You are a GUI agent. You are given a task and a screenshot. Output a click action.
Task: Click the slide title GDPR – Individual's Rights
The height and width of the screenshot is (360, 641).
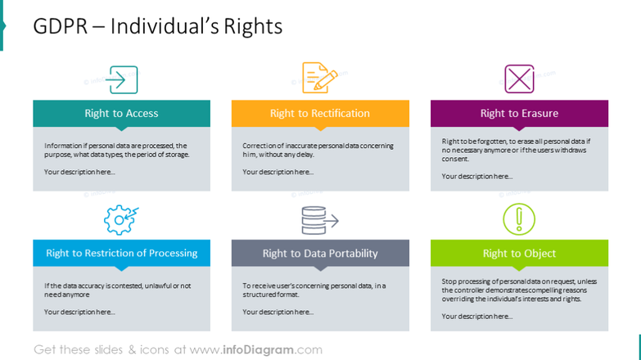coord(157,26)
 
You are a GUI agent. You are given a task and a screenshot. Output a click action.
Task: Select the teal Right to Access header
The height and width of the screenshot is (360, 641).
coord(121,114)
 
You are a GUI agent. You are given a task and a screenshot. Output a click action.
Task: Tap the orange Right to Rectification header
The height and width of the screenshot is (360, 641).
coord(320,114)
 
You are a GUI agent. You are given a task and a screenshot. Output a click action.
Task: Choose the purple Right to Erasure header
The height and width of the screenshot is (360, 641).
coord(519,114)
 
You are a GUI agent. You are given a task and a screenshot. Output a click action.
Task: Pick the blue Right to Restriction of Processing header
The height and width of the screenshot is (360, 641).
coord(121,253)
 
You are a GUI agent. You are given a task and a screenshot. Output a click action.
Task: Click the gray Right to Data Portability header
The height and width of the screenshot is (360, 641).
coord(320,254)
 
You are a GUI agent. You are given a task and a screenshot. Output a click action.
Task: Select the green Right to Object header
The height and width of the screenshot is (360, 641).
coord(519,254)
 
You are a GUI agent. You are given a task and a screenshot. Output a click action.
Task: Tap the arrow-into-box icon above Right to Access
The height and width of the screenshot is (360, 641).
coord(122,79)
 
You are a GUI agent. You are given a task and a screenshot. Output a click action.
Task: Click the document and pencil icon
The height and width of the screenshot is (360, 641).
coord(320,78)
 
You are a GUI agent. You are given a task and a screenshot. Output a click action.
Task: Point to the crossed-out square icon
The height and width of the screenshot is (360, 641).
coord(519,79)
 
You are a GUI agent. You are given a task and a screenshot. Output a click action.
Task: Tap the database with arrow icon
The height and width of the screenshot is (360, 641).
coord(319,219)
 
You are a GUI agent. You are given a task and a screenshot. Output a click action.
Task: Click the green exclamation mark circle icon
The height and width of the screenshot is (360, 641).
coord(518,219)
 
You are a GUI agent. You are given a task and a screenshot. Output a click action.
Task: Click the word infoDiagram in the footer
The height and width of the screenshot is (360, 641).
coord(259,349)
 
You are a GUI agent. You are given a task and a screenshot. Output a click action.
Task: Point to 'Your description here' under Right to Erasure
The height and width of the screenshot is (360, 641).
coord(477,176)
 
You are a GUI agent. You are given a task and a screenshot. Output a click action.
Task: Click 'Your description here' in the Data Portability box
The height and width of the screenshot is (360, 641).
coord(278,312)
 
